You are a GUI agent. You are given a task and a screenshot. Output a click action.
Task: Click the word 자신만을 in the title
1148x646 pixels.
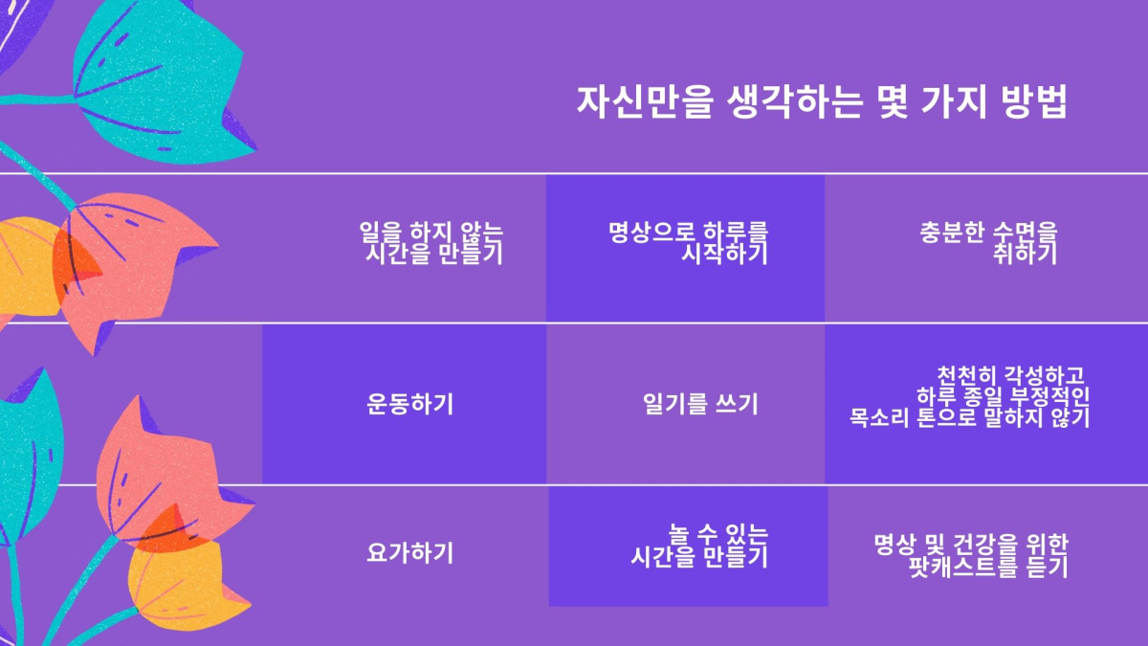tap(645, 102)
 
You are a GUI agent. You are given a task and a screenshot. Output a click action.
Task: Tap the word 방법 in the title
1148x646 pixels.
tap(1034, 102)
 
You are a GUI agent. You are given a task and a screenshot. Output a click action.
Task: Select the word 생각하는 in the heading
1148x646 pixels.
tap(795, 102)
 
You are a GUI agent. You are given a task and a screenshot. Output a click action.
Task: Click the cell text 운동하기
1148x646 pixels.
tap(410, 404)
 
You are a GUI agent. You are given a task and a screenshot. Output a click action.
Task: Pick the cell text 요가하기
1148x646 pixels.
tap(410, 553)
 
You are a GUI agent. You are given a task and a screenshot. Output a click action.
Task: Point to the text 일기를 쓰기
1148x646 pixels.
tap(700, 404)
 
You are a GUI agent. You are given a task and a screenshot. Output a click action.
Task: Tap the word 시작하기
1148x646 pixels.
tap(725, 254)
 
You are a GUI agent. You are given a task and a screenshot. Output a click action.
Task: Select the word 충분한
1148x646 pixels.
tap(952, 233)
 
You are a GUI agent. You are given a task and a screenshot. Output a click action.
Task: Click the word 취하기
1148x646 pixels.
tap(1025, 254)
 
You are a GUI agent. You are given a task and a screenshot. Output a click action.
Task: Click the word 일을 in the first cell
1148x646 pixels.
tap(381, 233)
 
